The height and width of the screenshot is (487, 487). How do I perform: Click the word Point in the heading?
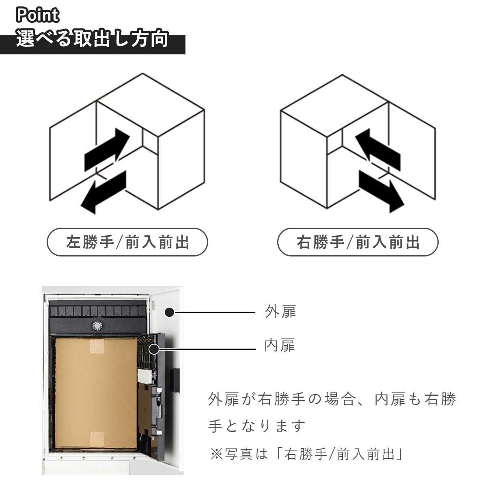37,15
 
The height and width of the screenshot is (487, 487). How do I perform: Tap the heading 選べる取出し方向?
92,39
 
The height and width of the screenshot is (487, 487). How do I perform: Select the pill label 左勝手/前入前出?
127,242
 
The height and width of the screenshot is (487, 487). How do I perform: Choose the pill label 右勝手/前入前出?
358,242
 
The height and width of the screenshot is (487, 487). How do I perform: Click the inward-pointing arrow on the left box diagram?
107,150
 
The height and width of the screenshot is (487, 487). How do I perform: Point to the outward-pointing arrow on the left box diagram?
103,192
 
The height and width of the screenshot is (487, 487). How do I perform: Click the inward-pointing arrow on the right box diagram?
378,150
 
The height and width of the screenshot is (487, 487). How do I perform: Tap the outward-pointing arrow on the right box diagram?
381,192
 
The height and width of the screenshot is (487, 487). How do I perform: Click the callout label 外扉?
280,312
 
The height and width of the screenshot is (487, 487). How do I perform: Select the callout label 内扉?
280,345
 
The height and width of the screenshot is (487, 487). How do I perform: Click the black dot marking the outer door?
170,312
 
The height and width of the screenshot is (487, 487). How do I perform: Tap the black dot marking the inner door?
154,349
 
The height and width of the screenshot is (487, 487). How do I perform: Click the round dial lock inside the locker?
97,325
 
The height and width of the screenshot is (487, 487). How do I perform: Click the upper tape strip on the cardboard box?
97,346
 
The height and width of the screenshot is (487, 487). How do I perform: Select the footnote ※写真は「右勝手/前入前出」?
306,454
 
